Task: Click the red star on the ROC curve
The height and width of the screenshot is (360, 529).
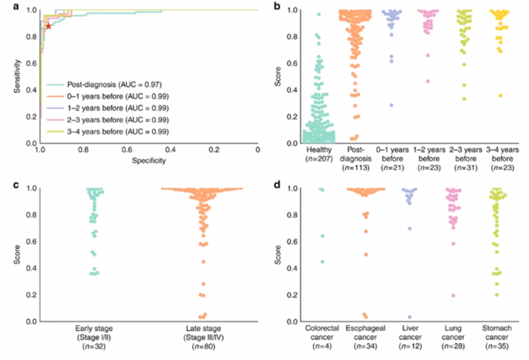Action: point(48,26)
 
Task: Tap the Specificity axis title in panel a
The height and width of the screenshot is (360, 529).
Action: point(149,161)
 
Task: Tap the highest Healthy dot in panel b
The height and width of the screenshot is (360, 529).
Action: point(318,14)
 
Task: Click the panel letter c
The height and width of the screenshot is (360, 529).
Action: point(16,185)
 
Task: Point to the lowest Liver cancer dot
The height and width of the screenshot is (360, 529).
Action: point(409,317)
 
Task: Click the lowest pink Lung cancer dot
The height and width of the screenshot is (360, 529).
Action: point(453,296)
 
